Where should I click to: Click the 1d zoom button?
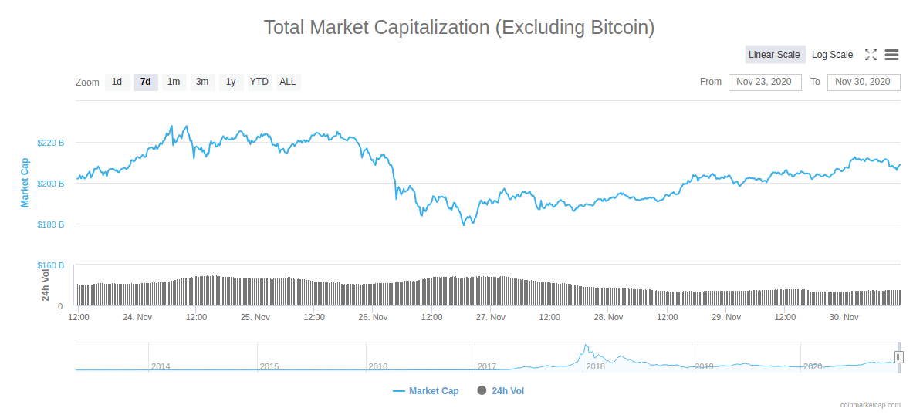click(x=117, y=82)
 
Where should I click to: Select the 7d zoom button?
click(x=145, y=82)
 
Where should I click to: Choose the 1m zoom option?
click(x=174, y=82)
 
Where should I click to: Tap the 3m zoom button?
click(x=202, y=82)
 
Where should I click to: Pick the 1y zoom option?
click(x=231, y=82)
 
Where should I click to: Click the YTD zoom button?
click(x=259, y=82)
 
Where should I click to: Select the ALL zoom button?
click(x=288, y=82)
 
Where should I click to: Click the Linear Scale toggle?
click(x=774, y=55)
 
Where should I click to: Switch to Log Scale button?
click(x=832, y=55)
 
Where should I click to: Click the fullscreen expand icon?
click(x=871, y=55)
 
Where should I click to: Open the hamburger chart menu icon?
click(x=891, y=55)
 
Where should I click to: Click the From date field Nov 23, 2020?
click(x=763, y=82)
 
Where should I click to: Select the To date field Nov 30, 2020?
click(x=863, y=82)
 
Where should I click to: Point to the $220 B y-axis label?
click(x=50, y=143)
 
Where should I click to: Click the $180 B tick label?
click(x=50, y=224)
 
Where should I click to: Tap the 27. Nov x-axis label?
click(x=490, y=317)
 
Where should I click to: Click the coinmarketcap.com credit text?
click(x=871, y=405)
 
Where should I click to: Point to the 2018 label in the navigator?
click(x=595, y=366)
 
